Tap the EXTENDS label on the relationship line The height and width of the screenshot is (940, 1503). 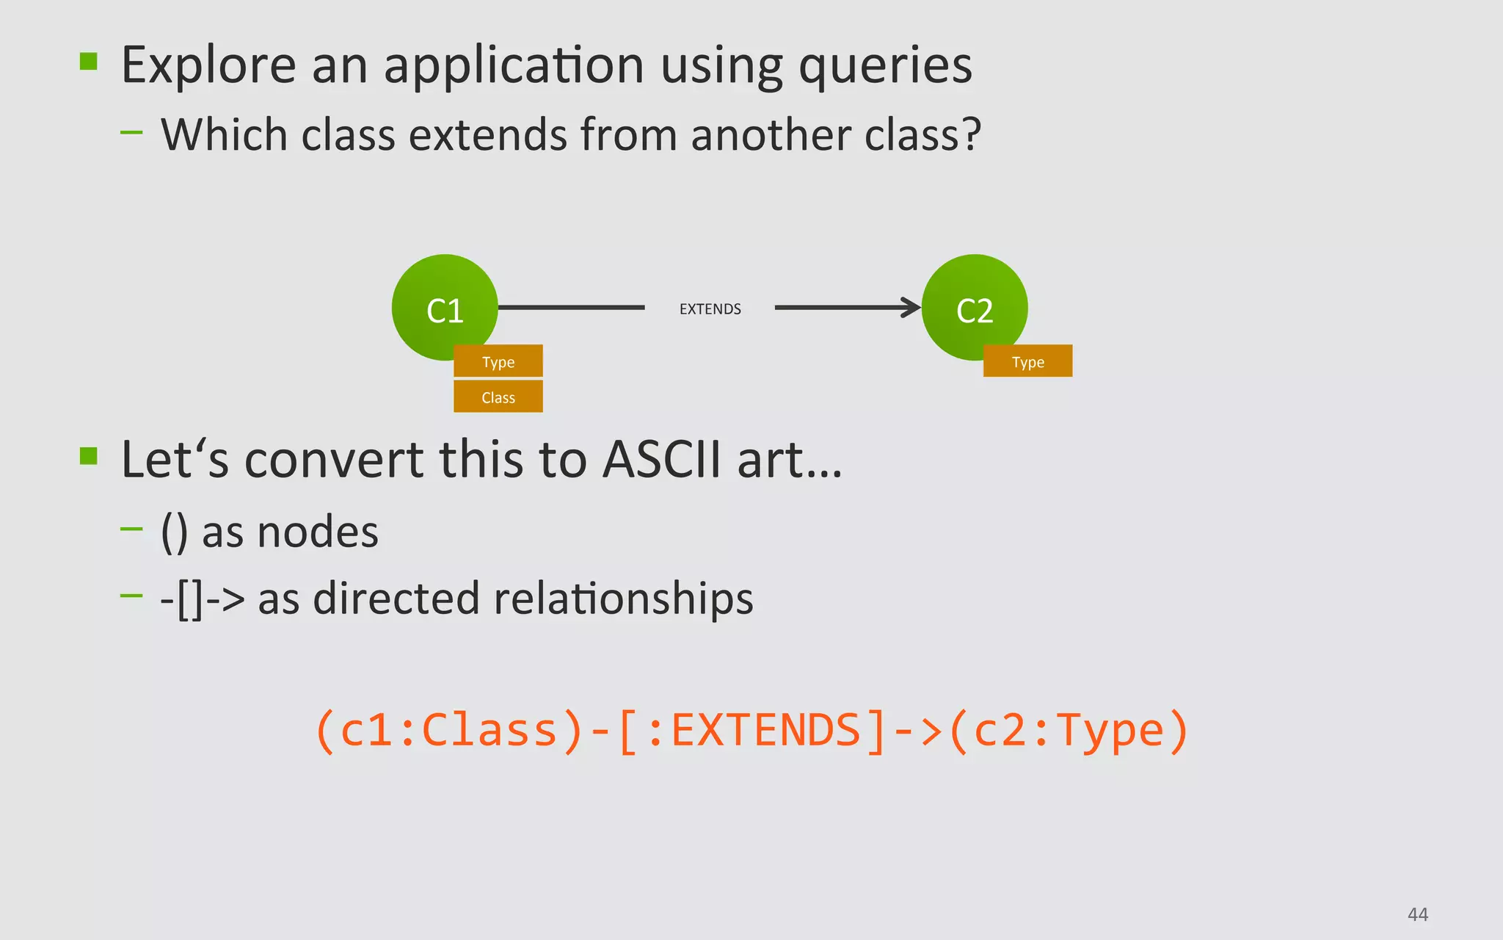coord(710,309)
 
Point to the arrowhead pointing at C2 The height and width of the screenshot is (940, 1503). coord(911,308)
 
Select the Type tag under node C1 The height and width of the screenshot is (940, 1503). coord(498,361)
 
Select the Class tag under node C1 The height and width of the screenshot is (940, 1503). coord(498,397)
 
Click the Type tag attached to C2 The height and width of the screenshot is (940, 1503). coord(1027,361)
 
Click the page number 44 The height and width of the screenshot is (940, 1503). coord(1417,914)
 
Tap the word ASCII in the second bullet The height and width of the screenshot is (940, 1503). coord(662,460)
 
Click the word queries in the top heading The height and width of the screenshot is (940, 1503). coord(885,66)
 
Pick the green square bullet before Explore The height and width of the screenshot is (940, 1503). coord(89,61)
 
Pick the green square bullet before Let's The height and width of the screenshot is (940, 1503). coord(89,456)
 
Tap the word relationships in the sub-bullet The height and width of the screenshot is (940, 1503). coord(623,599)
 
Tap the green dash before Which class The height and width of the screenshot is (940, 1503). coord(131,133)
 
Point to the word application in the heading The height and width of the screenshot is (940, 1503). coord(514,66)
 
